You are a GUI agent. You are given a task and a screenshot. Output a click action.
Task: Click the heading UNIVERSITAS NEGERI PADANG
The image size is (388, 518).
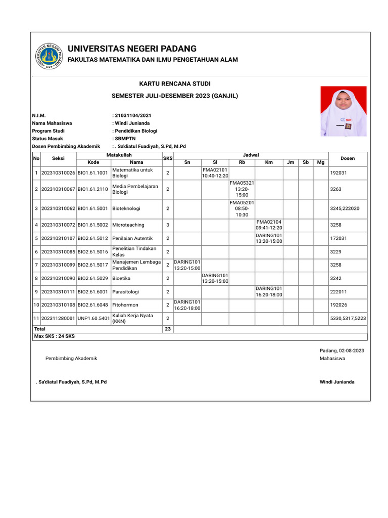[132, 49]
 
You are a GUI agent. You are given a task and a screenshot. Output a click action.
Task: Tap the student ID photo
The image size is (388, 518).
[344, 111]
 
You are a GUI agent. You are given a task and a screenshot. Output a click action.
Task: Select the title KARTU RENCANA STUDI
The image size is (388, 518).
[175, 83]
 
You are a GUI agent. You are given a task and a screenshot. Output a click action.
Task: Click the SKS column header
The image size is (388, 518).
[168, 158]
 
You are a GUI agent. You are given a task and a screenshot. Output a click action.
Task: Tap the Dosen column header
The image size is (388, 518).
[348, 158]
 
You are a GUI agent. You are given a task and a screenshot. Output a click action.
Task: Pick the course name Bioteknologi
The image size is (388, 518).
[126, 208]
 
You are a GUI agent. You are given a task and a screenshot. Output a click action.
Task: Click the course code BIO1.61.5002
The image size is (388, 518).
[93, 225]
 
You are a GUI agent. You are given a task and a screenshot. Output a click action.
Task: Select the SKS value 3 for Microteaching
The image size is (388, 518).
[168, 225]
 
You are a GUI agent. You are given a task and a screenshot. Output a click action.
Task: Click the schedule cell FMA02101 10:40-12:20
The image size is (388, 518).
[215, 172]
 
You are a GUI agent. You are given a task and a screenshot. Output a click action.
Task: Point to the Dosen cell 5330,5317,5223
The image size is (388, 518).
[348, 318]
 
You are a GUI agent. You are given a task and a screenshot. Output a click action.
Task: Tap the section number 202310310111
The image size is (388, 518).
[58, 291]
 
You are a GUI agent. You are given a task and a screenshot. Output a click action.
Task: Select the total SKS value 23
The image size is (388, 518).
[168, 329]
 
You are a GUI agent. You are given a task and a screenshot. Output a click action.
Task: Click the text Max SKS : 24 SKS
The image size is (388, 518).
[55, 336]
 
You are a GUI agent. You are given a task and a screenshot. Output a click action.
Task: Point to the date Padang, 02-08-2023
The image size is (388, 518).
[342, 351]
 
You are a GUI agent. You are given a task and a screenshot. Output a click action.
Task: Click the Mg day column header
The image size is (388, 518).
[321, 162]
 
